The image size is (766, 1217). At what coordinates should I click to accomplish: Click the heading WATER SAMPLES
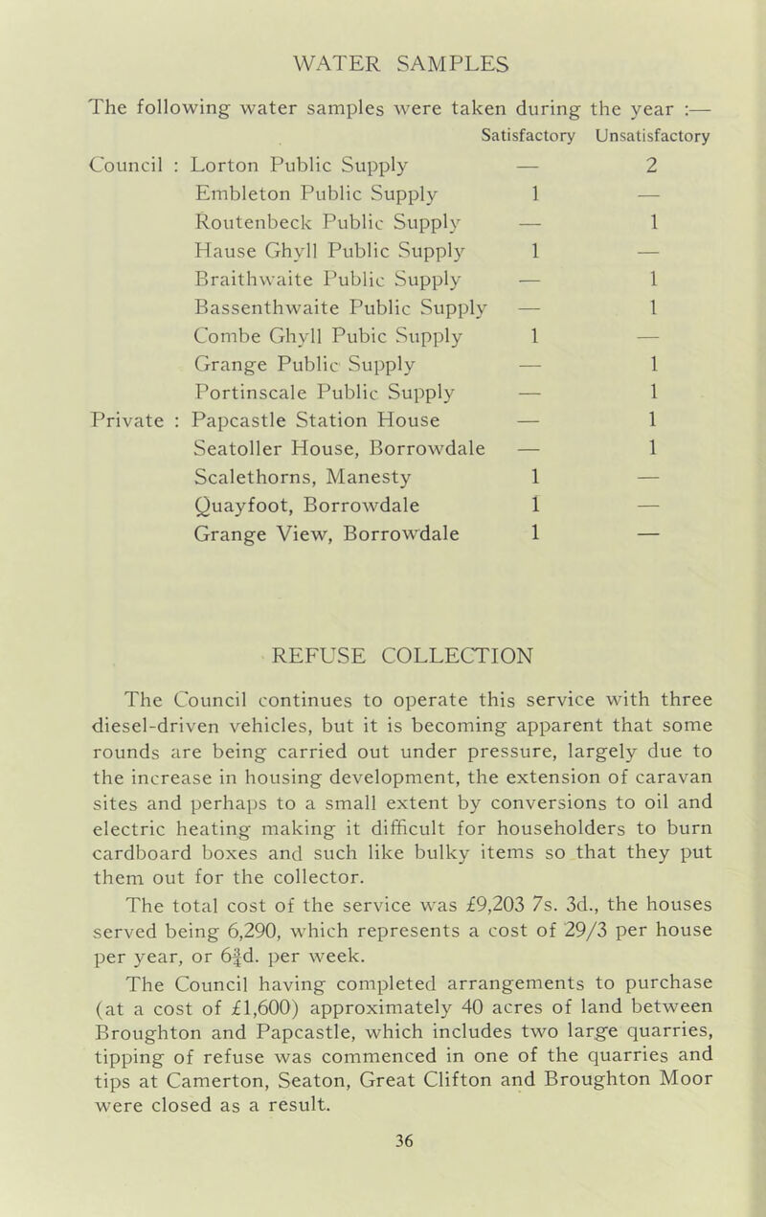[x=383, y=48]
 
